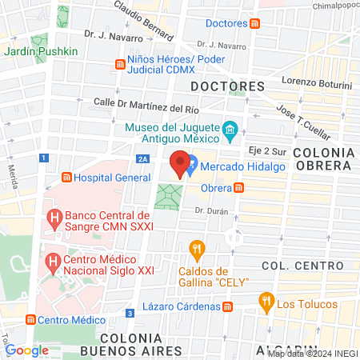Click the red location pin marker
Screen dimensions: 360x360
click(180, 162)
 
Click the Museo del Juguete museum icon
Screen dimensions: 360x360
click(230, 128)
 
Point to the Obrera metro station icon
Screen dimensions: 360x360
click(239, 187)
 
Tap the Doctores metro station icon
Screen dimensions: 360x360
click(254, 24)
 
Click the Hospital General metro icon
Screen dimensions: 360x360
click(66, 178)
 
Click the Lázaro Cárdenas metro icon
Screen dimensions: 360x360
click(228, 306)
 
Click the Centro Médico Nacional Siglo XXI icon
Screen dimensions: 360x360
click(54, 262)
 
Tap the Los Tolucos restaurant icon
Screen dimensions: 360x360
click(266, 302)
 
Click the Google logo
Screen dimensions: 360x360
click(26, 350)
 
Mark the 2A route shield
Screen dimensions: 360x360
click(142, 158)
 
